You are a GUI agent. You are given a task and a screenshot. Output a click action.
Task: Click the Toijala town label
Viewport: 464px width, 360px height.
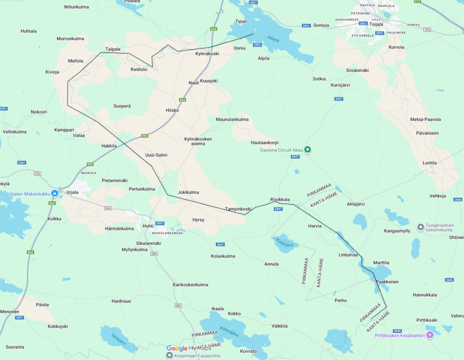[x=376, y=24]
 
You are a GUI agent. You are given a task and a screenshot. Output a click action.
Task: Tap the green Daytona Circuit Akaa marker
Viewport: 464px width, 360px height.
[x=307, y=149]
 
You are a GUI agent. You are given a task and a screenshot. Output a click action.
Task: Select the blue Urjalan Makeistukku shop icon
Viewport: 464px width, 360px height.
[x=54, y=193]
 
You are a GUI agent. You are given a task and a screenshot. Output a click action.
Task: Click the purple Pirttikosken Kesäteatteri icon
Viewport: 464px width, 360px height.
[x=430, y=335]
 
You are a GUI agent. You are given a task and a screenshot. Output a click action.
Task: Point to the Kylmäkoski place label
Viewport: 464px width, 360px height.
[x=207, y=53]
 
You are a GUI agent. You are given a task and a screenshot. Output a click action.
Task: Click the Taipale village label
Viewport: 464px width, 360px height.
[x=113, y=49]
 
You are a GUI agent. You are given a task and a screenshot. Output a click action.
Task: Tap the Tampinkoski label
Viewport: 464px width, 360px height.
[x=238, y=209]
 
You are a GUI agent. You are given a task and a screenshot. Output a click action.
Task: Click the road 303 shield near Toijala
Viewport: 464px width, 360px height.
[x=427, y=29]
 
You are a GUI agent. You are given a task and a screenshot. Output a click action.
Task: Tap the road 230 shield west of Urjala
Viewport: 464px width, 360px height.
[x=37, y=173]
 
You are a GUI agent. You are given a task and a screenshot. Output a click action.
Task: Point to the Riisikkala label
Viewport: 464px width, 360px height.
[x=280, y=199]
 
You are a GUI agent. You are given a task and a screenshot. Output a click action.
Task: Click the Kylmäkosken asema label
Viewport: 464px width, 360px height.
[x=198, y=141]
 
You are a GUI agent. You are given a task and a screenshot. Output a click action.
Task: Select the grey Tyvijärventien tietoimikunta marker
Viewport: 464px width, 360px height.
[x=420, y=226]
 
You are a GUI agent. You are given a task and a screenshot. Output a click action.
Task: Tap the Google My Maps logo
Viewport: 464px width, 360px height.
[x=189, y=348]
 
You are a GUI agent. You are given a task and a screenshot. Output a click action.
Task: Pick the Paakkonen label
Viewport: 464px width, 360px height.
[x=387, y=282]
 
